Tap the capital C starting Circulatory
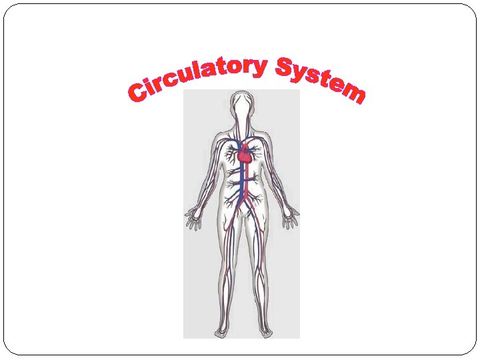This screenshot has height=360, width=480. tap(139, 94)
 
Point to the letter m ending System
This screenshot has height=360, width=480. tap(353, 93)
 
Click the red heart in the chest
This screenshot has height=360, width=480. tap(246, 155)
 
